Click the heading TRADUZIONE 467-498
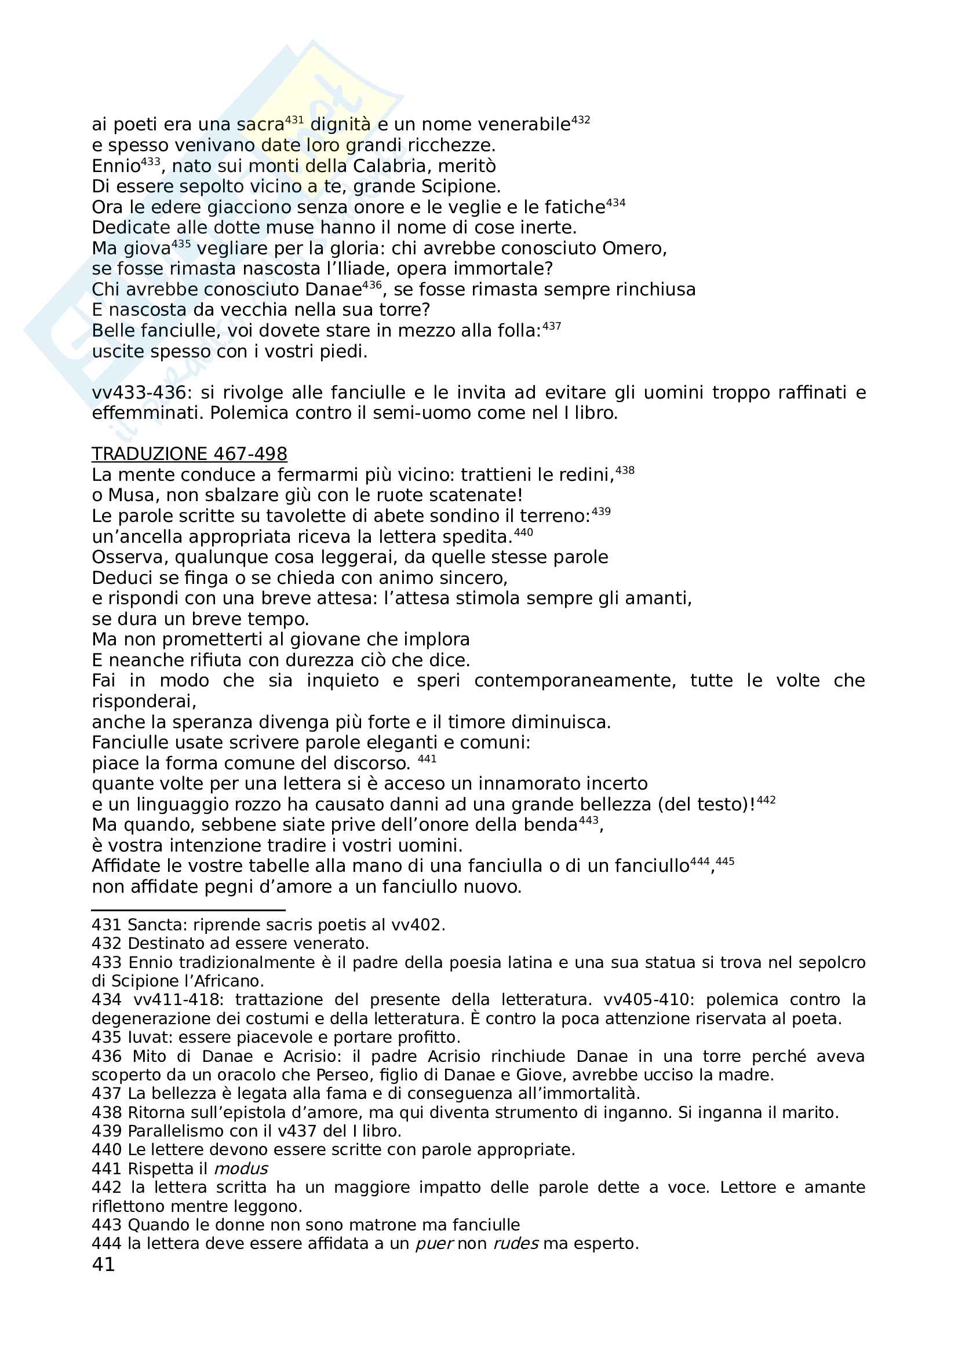coord(189,454)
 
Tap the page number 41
coord(103,1264)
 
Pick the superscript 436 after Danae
coord(372,285)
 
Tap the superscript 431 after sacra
coord(294,120)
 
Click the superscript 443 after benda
coord(588,820)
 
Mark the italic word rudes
coord(515,1243)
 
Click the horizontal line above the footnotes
coord(188,910)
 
